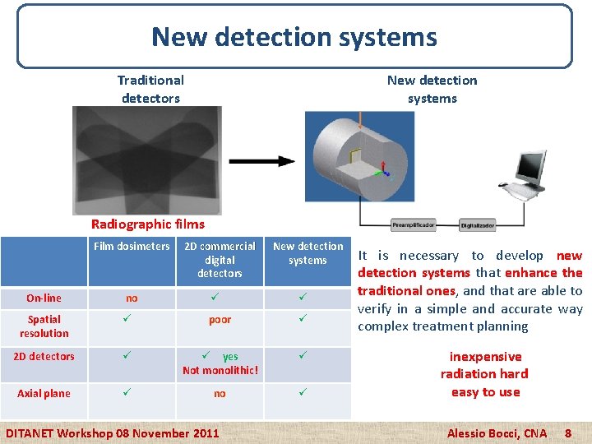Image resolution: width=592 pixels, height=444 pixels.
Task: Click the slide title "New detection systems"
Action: (294, 37)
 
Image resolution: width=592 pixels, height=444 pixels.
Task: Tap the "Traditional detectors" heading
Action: (150, 89)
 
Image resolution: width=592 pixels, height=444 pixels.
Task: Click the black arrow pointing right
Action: (262, 161)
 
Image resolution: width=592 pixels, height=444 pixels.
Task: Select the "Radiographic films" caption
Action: (148, 224)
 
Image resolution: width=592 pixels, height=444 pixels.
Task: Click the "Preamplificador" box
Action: (413, 224)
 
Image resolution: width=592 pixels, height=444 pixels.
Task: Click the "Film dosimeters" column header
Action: (132, 246)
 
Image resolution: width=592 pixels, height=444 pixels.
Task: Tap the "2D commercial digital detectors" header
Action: (220, 260)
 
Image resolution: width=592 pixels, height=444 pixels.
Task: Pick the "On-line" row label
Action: (44, 298)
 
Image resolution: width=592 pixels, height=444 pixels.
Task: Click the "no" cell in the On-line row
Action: (132, 298)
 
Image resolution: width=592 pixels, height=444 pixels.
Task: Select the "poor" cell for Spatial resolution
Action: (220, 320)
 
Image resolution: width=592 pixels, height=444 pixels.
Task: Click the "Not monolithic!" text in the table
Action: (220, 370)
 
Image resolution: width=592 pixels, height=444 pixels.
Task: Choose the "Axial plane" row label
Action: (44, 393)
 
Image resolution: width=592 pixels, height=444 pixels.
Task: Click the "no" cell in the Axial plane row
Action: (220, 394)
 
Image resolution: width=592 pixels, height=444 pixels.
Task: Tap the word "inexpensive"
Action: (485, 357)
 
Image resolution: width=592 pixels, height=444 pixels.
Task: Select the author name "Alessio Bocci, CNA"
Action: (496, 432)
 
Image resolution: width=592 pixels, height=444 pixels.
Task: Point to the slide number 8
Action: (567, 432)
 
